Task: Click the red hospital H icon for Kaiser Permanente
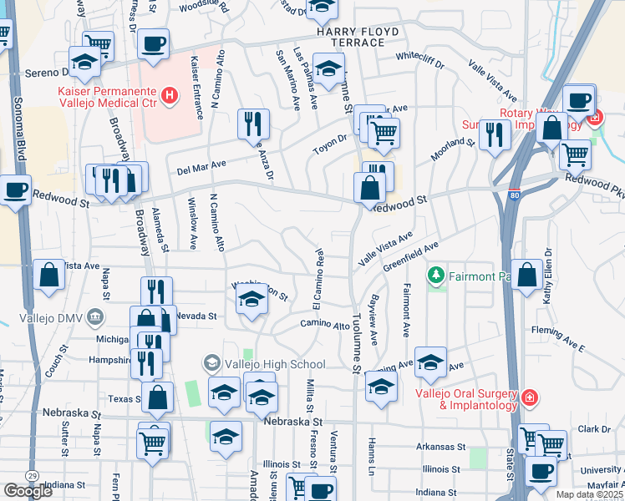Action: (x=170, y=96)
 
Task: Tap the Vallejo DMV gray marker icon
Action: (x=94, y=316)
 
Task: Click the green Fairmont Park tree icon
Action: (x=434, y=275)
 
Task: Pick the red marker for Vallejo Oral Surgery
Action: (x=528, y=396)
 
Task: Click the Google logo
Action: (x=28, y=491)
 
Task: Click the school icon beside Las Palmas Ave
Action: (x=328, y=68)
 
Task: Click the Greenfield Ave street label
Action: (x=411, y=257)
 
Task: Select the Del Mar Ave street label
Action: (x=202, y=169)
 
